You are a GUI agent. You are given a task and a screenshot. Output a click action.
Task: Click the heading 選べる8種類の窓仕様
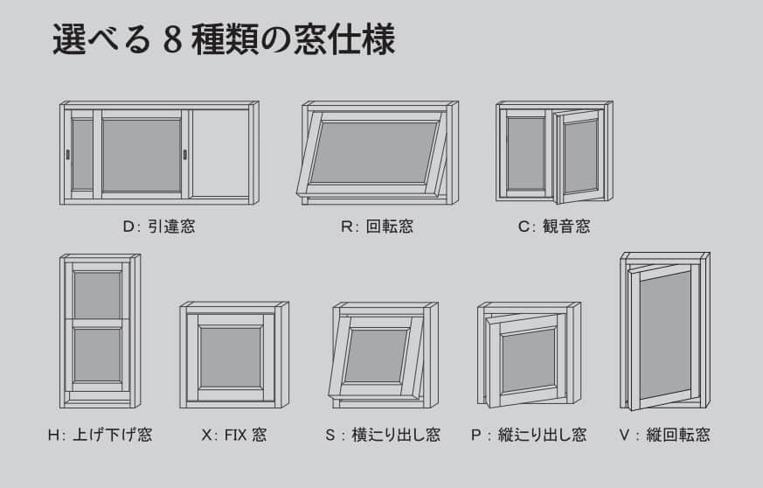[x=224, y=39]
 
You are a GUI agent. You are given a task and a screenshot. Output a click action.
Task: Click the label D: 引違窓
[x=159, y=227]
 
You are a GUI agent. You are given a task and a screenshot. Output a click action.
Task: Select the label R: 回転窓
[x=377, y=227]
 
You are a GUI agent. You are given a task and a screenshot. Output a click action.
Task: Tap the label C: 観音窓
[x=554, y=227]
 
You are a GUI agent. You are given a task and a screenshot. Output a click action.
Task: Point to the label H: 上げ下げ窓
[x=101, y=435]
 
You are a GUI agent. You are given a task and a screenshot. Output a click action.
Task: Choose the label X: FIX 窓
[x=234, y=435]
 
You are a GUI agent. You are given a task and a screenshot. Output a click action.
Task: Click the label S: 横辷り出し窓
[x=383, y=435]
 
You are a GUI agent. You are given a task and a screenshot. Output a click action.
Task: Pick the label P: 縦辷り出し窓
[x=529, y=435]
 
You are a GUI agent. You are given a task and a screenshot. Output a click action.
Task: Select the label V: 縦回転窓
[x=665, y=435]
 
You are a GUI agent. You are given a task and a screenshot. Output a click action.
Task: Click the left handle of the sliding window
[x=67, y=155]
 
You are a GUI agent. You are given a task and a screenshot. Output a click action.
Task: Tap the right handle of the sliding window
[x=185, y=155]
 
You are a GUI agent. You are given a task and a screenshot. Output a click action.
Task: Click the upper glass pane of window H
[x=97, y=295]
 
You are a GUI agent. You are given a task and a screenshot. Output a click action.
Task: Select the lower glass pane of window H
[x=97, y=354]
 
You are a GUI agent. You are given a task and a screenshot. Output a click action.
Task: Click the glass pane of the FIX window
[x=231, y=358]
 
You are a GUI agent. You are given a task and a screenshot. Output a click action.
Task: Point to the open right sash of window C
[x=579, y=157]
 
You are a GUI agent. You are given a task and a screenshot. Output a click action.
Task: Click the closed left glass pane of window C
[x=526, y=154]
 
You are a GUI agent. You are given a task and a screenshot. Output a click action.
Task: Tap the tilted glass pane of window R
[x=374, y=152]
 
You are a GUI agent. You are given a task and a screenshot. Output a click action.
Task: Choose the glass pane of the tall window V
[x=665, y=336]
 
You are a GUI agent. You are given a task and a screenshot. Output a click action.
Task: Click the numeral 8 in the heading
[x=173, y=40]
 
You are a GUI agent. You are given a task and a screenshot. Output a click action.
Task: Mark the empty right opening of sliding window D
[x=220, y=153]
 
